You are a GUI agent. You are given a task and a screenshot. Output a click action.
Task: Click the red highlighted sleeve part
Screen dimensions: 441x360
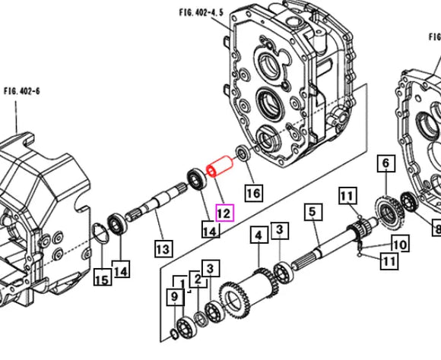pyautogui.click(x=220, y=166)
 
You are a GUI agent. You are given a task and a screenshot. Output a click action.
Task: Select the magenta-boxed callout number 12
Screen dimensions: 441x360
pyautogui.click(x=224, y=213)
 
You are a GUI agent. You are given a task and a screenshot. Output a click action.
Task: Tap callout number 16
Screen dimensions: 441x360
pyautogui.click(x=254, y=193)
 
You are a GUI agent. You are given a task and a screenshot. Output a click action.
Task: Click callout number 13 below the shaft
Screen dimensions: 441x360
pyautogui.click(x=163, y=248)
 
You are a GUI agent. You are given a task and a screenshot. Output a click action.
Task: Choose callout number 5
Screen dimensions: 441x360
pyautogui.click(x=313, y=212)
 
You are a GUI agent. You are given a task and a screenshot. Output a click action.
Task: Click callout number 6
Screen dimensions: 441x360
pyautogui.click(x=386, y=163)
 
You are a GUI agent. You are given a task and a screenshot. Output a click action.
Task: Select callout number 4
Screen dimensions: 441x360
pyautogui.click(x=259, y=235)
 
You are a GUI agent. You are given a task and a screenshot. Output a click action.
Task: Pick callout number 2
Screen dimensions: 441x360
pyautogui.click(x=198, y=279)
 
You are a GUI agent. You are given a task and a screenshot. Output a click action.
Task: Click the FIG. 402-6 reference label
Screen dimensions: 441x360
pyautogui.click(x=21, y=91)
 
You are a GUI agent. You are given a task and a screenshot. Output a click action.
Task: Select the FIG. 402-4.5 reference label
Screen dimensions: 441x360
pyautogui.click(x=201, y=12)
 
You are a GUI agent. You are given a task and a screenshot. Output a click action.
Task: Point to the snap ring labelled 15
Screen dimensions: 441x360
pyautogui.click(x=101, y=232)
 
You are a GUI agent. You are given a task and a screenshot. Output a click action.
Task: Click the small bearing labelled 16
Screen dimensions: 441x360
pyautogui.click(x=243, y=153)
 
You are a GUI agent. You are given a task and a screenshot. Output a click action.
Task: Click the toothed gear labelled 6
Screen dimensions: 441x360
pyautogui.click(x=390, y=213)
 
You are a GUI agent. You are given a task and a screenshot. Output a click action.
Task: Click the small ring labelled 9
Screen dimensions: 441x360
pyautogui.click(x=174, y=334)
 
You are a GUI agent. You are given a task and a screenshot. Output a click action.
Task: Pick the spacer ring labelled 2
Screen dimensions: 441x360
pyautogui.click(x=201, y=319)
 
